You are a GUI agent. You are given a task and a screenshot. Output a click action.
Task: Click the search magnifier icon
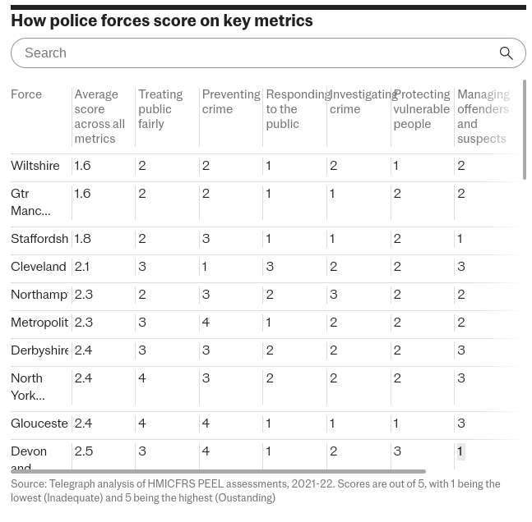pyautogui.click(x=506, y=53)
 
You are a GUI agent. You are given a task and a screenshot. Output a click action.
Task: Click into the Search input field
pyautogui.click(x=247, y=53)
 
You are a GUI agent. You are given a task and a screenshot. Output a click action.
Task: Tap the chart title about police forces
pyautogui.click(x=162, y=21)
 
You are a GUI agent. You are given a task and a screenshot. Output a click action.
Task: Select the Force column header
pyautogui.click(x=26, y=94)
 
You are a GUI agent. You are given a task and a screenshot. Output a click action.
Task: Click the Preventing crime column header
pyautogui.click(x=230, y=102)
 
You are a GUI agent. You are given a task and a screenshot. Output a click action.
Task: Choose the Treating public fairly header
pyautogui.click(x=160, y=109)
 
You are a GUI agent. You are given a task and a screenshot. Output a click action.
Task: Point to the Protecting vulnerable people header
pyautogui.click(x=421, y=109)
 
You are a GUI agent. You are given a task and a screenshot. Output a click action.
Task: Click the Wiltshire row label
pyautogui.click(x=35, y=166)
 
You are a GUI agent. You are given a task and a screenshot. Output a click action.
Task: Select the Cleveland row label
pyautogui.click(x=38, y=267)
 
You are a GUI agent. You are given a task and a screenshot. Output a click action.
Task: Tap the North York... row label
pyautogui.click(x=28, y=387)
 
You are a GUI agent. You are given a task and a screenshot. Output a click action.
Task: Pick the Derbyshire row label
pyautogui.click(x=39, y=350)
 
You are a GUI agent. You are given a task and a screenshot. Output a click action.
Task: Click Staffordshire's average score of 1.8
pyautogui.click(x=82, y=239)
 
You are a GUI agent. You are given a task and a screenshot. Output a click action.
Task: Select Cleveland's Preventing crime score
pyautogui.click(x=205, y=267)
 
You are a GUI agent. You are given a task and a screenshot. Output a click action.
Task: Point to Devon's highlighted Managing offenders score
pyautogui.click(x=460, y=451)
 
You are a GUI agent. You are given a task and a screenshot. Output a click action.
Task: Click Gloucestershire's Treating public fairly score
pyautogui.click(x=142, y=424)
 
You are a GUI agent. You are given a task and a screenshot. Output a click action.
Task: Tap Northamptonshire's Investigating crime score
pyautogui.click(x=333, y=295)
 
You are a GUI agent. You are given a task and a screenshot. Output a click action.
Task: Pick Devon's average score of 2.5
pyautogui.click(x=83, y=451)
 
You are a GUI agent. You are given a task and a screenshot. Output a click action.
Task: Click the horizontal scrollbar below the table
pyautogui.click(x=218, y=472)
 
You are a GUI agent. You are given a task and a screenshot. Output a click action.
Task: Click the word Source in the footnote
pyautogui.click(x=28, y=484)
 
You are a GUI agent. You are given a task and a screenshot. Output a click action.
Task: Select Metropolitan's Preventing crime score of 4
pyautogui.click(x=206, y=323)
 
